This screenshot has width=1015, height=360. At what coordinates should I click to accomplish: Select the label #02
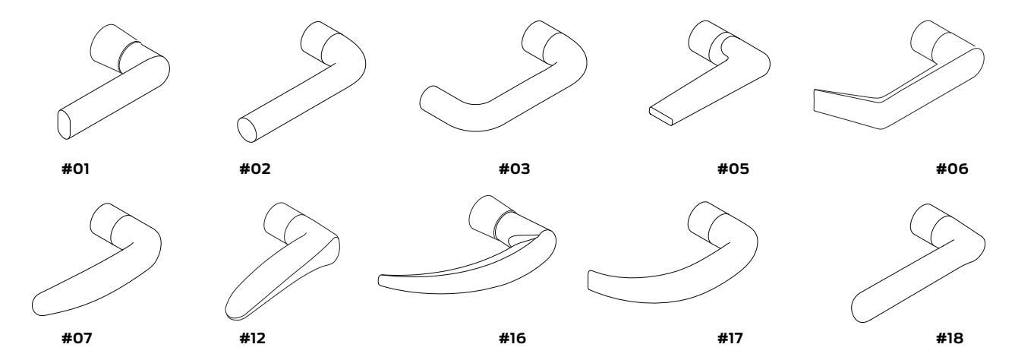tap(255, 169)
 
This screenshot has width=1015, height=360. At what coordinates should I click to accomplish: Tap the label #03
tap(514, 169)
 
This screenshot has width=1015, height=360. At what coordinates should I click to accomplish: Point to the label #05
tap(733, 169)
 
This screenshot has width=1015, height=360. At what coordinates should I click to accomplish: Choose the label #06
tap(952, 169)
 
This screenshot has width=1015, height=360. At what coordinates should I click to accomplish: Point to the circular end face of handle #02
tap(247, 129)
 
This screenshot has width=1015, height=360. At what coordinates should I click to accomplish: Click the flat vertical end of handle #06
tap(816, 101)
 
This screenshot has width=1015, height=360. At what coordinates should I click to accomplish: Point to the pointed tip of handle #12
tap(231, 311)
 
